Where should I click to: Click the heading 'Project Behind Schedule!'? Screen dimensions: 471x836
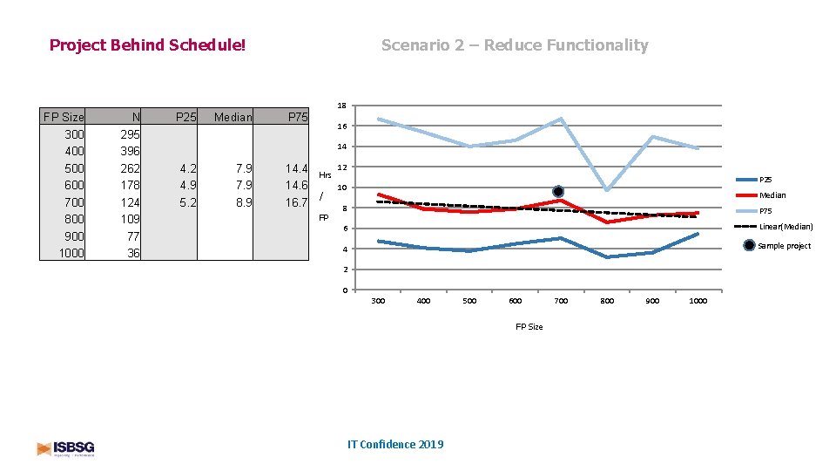click(x=147, y=44)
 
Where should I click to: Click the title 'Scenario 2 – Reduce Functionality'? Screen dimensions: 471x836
click(x=514, y=44)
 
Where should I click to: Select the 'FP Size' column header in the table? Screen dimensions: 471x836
click(x=64, y=117)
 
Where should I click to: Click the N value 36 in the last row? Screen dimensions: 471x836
click(x=132, y=253)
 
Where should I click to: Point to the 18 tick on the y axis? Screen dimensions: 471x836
click(x=343, y=106)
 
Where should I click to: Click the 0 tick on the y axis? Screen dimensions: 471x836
click(x=345, y=290)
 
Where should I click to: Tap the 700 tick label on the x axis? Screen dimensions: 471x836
click(x=561, y=301)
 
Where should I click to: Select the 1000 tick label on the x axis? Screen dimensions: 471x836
click(x=698, y=301)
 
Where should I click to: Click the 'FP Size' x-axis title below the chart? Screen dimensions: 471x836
click(x=529, y=327)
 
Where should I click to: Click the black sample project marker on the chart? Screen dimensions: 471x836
click(x=557, y=191)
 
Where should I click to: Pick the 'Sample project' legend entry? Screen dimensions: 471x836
click(x=784, y=246)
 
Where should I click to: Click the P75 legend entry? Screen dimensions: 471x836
click(x=765, y=211)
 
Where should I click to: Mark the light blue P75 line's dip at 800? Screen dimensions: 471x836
click(x=607, y=189)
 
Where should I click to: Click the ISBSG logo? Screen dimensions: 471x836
click(x=66, y=448)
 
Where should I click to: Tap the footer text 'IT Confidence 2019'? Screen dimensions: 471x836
click(x=394, y=445)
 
